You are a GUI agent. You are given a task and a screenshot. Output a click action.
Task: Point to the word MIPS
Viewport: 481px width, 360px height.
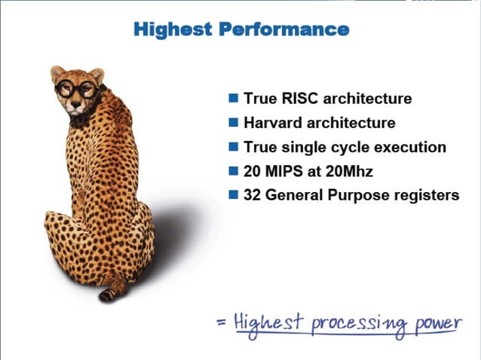point(283,171)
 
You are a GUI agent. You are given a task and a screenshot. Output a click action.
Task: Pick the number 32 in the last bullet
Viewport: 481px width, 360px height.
point(252,195)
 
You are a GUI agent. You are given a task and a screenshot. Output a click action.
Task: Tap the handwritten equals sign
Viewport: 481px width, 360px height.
point(221,323)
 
